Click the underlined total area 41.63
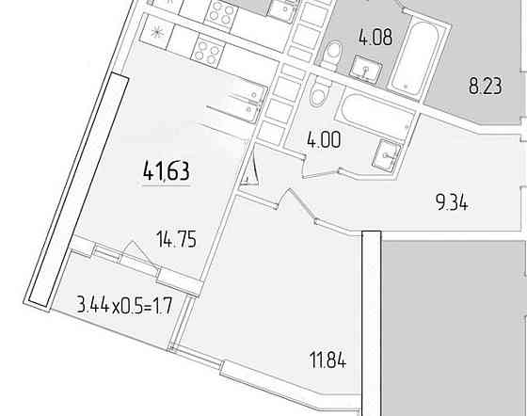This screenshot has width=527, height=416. click(167, 171)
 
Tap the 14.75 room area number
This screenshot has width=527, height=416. click(177, 239)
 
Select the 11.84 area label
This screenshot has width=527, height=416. click(327, 360)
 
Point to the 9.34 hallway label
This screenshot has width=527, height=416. click(452, 202)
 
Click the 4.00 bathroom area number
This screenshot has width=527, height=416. click(324, 140)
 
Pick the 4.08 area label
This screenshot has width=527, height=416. click(375, 37)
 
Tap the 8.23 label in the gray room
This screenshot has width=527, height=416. click(486, 86)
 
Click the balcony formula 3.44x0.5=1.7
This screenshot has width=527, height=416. click(124, 306)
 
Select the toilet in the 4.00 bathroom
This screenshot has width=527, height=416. click(319, 91)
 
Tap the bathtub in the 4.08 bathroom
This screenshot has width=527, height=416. click(412, 57)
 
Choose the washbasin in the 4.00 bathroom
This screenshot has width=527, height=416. click(387, 155)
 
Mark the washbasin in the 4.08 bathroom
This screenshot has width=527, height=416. click(366, 70)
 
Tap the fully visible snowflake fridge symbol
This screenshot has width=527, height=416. click(156, 33)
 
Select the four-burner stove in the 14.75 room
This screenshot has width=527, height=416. click(207, 51)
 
